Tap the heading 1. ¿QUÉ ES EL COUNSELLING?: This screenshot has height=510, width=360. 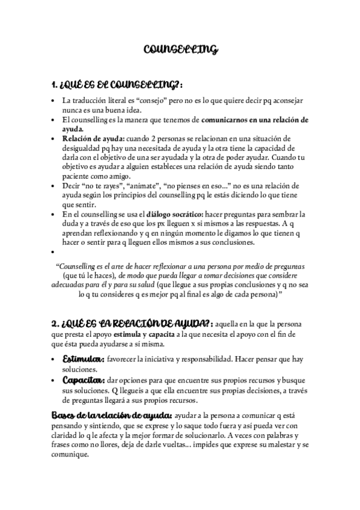tap(117, 84)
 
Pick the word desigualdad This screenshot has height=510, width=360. tap(88, 149)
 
